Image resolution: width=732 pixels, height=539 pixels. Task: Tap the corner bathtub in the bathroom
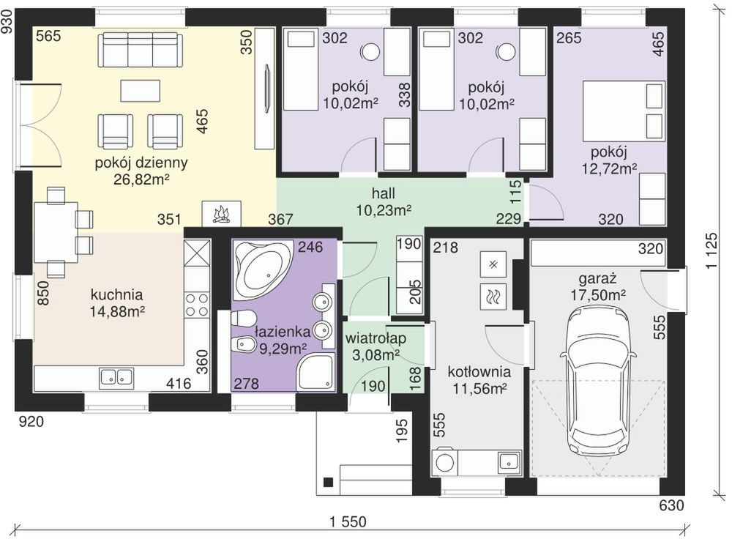click(x=262, y=269)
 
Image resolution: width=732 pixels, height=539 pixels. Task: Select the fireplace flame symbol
click(x=221, y=214)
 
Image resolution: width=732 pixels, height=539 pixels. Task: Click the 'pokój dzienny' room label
click(x=141, y=163)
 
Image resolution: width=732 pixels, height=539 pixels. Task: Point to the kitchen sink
click(x=116, y=377)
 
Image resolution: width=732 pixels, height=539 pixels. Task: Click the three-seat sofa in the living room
click(x=138, y=49)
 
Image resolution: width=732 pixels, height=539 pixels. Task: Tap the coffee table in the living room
click(x=140, y=91)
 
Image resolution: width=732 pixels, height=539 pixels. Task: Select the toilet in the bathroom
click(x=242, y=320)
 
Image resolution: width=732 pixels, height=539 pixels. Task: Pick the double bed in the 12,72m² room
click(x=623, y=111)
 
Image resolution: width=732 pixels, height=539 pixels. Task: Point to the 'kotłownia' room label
click(x=479, y=372)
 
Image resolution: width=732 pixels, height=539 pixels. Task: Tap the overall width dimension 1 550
click(x=348, y=521)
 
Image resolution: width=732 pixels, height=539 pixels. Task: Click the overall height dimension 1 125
click(x=712, y=250)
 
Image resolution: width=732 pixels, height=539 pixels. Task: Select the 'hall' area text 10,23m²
click(x=384, y=211)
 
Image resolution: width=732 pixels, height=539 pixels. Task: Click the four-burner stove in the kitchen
click(x=196, y=305)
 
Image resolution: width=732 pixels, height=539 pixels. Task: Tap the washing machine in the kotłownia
click(x=445, y=462)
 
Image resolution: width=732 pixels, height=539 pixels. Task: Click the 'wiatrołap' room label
click(x=376, y=338)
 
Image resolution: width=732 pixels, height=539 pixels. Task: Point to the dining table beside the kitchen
click(x=56, y=231)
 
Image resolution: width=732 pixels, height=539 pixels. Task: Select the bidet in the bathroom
click(x=243, y=345)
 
